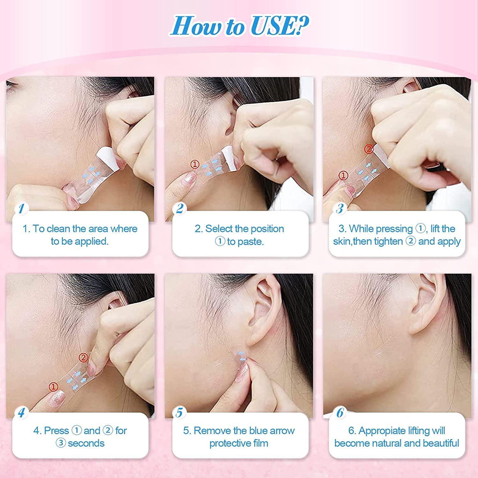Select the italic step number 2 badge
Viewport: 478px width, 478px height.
coord(180,209)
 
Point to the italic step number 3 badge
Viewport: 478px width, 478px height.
coord(340,209)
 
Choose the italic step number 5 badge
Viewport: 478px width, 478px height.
coord(179,413)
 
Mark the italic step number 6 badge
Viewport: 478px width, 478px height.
coord(340,413)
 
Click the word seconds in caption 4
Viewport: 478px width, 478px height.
coord(86,443)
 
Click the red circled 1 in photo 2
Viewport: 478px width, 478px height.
coord(195,164)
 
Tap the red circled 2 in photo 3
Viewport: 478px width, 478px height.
coord(369,149)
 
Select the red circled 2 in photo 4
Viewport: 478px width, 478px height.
coord(83,358)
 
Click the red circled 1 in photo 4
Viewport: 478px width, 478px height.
coord(54,387)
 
